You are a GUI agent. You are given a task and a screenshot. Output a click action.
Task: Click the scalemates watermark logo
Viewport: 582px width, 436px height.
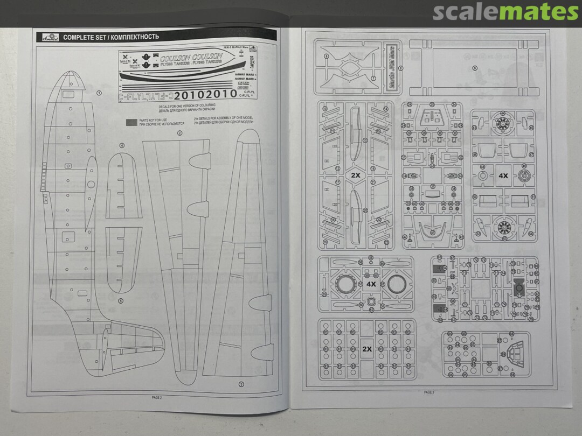(x=505, y=11)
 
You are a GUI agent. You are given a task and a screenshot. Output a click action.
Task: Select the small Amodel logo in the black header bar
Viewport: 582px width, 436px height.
(x=47, y=37)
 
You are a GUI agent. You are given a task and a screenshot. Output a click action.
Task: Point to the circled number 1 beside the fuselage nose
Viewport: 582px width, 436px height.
(x=99, y=93)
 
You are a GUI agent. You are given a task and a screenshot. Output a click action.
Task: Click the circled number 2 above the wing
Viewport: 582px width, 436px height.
(x=179, y=132)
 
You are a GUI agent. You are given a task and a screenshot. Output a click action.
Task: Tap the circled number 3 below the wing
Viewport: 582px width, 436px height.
(x=241, y=383)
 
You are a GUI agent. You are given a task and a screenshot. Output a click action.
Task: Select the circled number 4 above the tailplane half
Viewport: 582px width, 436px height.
(x=122, y=145)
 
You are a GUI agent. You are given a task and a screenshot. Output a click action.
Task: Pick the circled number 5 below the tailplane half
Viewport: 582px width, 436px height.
(x=121, y=301)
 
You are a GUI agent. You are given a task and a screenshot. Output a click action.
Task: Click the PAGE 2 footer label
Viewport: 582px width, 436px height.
(x=156, y=397)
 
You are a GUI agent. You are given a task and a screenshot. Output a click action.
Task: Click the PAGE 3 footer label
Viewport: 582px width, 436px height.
(x=429, y=392)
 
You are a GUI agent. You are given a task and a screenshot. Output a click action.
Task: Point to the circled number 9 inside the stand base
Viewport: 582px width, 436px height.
(x=474, y=68)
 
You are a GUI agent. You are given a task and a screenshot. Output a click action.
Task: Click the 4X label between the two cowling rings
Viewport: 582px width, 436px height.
(x=371, y=283)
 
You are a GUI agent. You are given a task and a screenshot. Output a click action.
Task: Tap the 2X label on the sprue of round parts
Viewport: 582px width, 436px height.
(x=367, y=348)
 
